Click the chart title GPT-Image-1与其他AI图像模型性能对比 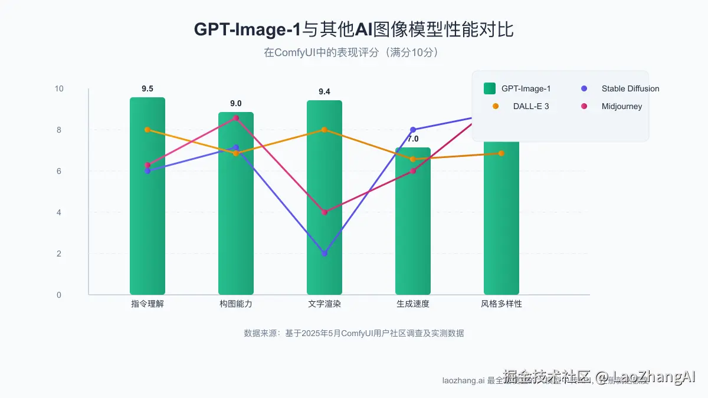353,29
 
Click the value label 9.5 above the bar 147,89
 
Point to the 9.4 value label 324,92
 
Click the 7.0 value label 413,139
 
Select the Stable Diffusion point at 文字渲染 324,254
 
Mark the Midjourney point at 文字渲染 324,212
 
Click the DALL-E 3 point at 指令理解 147,130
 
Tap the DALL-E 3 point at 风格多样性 501,153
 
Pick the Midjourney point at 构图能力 236,118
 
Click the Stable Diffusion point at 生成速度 413,130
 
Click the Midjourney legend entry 614,106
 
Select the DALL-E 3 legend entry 522,106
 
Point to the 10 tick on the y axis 59,88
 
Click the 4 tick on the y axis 59,212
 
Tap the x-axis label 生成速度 413,304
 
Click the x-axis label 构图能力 236,304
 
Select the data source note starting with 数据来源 354,333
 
